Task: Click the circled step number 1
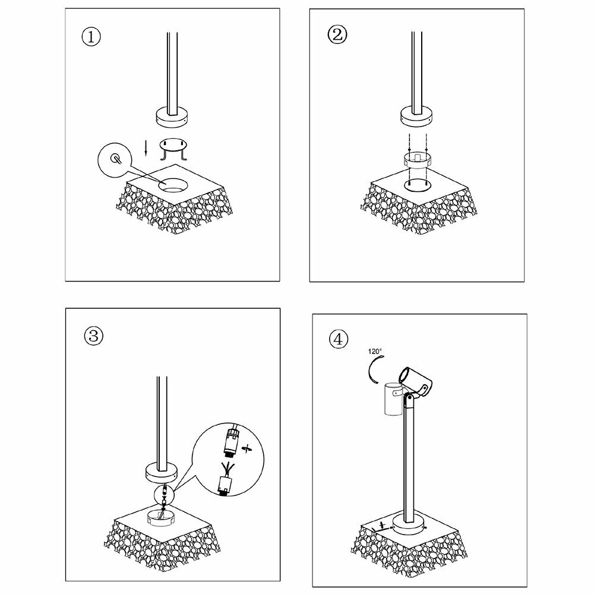(x=91, y=37)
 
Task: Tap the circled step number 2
(x=337, y=35)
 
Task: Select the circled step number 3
(x=93, y=336)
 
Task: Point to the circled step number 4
(x=339, y=339)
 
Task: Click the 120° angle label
(x=375, y=351)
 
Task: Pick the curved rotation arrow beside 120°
(x=372, y=369)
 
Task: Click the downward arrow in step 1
(x=146, y=148)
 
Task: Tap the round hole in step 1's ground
(x=173, y=185)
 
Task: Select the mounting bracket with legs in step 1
(x=173, y=149)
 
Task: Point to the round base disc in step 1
(x=172, y=119)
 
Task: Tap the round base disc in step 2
(x=417, y=119)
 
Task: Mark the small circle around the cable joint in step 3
(x=164, y=494)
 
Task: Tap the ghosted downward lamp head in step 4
(x=394, y=399)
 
